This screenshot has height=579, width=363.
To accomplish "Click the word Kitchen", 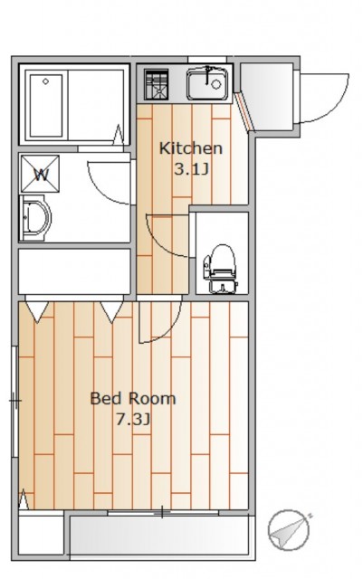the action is point(191,148).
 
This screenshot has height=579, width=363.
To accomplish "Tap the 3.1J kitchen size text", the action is point(192,169).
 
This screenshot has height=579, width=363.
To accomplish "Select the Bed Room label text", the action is point(133,399).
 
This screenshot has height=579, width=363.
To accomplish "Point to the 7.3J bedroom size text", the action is point(133,420).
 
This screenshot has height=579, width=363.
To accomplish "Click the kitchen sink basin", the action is point(207,84).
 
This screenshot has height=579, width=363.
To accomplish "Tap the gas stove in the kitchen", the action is point(157,84).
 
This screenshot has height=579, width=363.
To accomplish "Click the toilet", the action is point(220,269).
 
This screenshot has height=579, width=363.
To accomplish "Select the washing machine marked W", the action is point(40,174).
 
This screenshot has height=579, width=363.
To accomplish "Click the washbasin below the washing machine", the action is point(35,218).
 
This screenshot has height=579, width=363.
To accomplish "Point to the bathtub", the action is point(46,106).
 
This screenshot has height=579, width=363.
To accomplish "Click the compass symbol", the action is point(289,530).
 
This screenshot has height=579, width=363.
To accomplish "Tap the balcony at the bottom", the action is point(159,535).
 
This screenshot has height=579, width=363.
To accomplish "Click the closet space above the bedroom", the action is point(74,271).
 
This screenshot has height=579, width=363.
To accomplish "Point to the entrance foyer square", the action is point(267,97).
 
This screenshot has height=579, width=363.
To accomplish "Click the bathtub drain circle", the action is point(45,81).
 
